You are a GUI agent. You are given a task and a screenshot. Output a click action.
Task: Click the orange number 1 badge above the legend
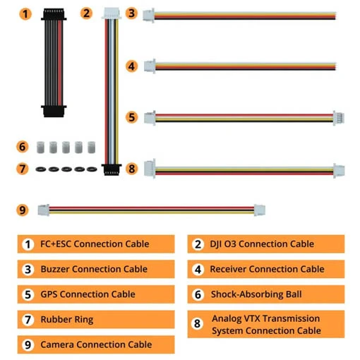25,14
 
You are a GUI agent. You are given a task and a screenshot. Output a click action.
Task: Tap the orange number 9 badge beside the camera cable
23,210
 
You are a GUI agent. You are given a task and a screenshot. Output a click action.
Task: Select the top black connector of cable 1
54,14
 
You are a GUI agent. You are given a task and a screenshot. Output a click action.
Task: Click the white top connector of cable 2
112,13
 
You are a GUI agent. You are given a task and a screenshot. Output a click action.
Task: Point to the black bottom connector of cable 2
112,169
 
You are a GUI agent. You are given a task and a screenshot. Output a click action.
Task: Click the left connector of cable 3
149,16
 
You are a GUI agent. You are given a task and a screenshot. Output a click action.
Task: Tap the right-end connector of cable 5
339,118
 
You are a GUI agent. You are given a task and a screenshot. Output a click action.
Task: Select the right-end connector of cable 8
339,171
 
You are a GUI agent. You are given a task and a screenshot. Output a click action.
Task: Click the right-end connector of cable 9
260,210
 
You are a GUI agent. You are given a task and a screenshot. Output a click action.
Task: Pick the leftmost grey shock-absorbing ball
41,148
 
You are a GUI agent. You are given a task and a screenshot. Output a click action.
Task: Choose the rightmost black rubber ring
92,169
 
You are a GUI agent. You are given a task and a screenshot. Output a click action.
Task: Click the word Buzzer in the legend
55,269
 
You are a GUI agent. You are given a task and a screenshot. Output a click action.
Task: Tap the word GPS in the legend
49,294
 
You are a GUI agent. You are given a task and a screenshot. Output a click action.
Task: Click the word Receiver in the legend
228,269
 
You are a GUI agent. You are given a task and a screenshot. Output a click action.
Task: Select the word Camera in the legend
57,344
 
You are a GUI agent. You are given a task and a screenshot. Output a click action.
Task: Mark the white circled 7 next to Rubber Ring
28,320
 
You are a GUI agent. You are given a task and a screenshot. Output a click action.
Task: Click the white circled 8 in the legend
198,324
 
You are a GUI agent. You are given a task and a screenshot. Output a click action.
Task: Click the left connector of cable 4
150,66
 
